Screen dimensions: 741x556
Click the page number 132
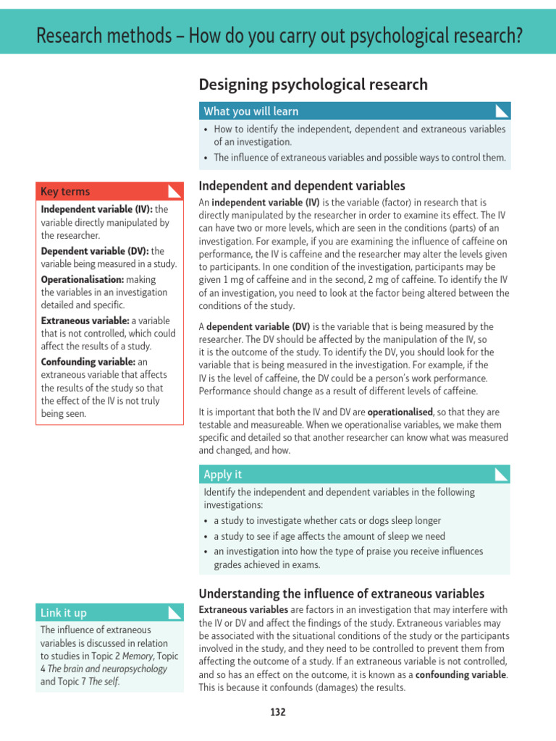[x=278, y=712]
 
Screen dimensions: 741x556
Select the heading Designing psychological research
[x=313, y=85]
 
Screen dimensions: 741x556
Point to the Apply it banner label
[x=223, y=474]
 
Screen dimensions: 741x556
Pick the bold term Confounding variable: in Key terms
[x=88, y=361]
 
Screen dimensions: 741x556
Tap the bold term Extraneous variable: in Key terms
[x=85, y=320]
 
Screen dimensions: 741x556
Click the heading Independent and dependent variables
[x=302, y=186]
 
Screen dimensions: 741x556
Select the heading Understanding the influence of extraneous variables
[x=342, y=593]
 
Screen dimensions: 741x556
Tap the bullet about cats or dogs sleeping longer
[x=327, y=520]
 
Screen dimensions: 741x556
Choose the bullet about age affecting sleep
[x=329, y=536]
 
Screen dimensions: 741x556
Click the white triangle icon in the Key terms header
[x=174, y=191]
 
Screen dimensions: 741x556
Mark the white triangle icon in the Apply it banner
[x=501, y=474]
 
